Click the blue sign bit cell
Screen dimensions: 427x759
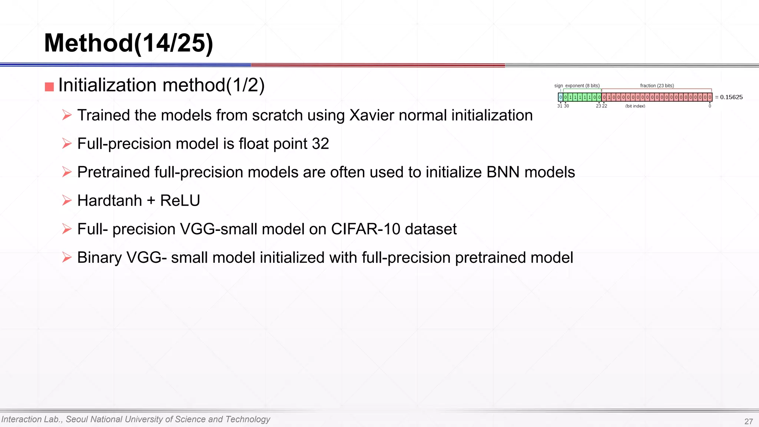[x=560, y=97]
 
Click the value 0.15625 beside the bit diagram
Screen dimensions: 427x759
[x=731, y=97]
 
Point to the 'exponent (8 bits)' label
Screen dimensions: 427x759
[x=582, y=86]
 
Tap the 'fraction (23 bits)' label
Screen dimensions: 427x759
[x=657, y=86]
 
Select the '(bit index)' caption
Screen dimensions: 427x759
[x=635, y=106]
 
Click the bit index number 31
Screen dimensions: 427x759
[x=560, y=106]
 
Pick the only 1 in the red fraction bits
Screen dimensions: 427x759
[x=609, y=97]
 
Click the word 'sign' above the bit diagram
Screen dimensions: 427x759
[x=558, y=86]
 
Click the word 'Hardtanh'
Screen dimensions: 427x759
[x=109, y=201]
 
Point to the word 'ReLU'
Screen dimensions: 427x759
[x=180, y=201]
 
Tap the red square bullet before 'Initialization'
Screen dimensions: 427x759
[x=49, y=87]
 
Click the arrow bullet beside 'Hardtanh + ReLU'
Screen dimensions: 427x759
[x=67, y=201]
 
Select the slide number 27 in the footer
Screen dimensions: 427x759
[x=748, y=421]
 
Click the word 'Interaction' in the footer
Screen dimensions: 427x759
[x=21, y=419]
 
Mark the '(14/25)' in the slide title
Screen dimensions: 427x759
[x=173, y=43]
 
